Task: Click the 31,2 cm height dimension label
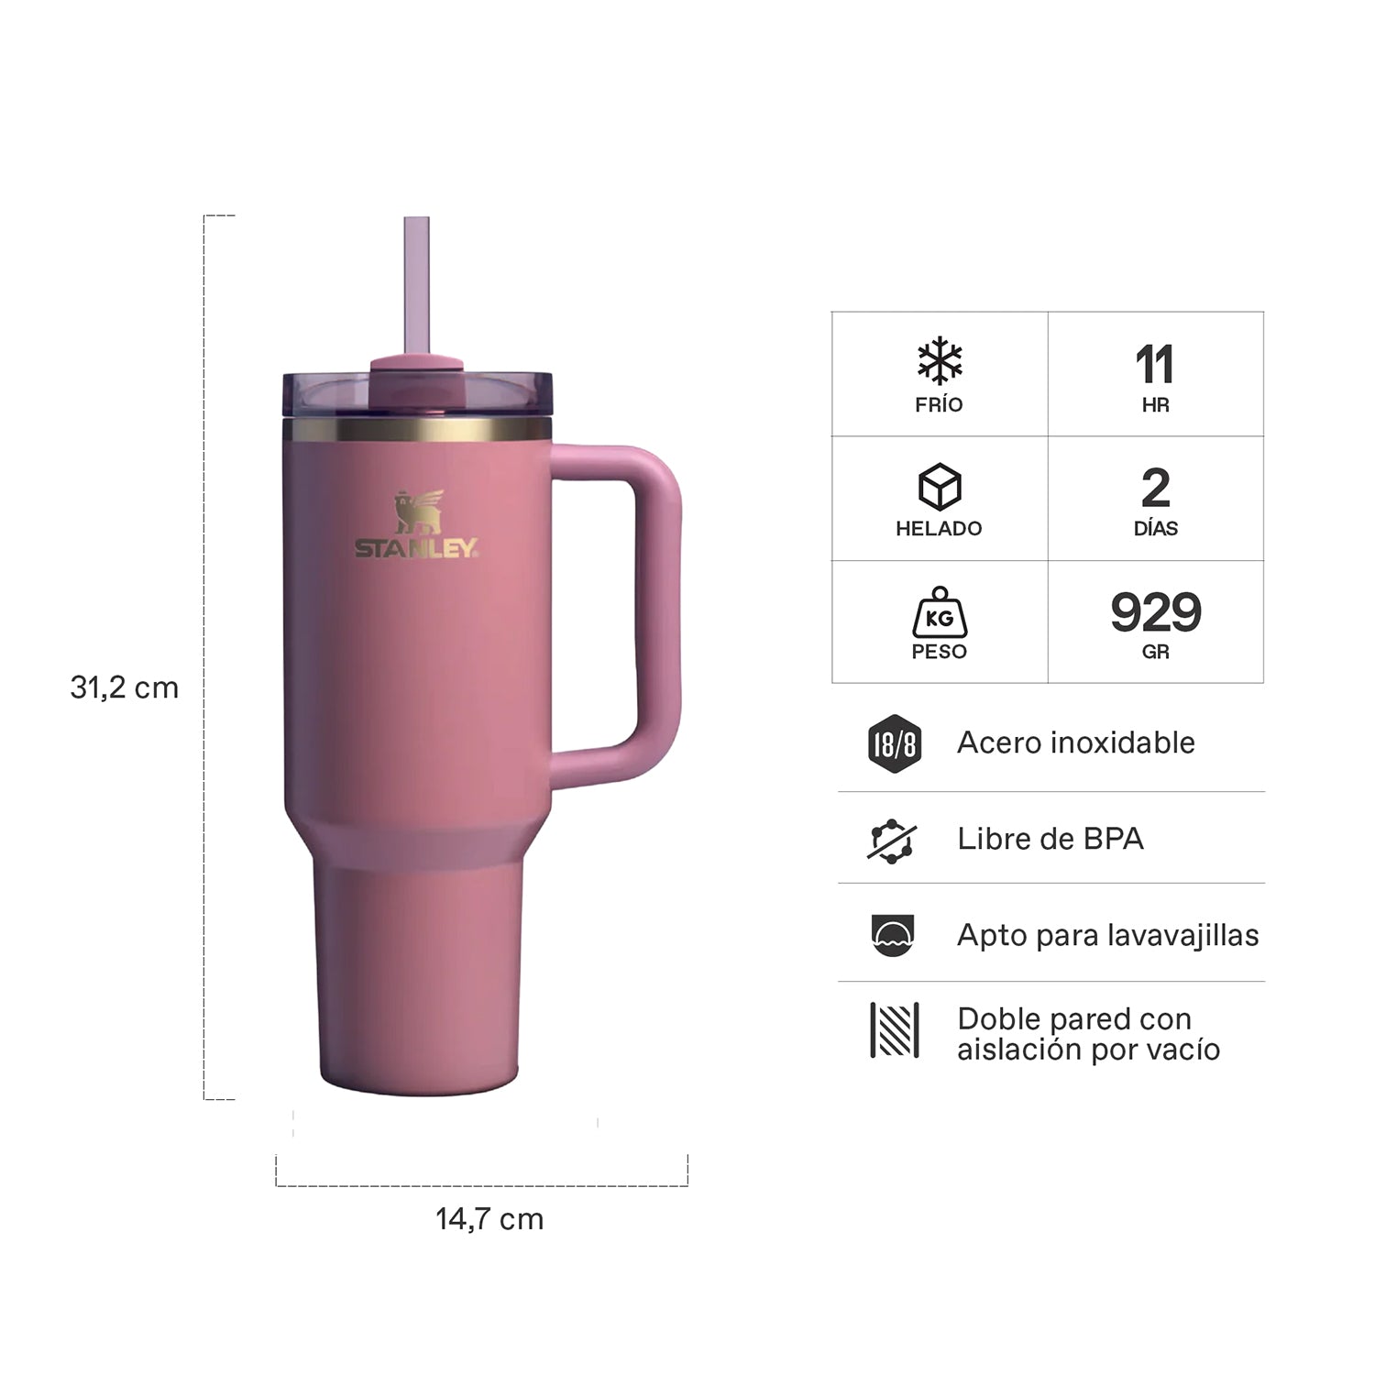[125, 687]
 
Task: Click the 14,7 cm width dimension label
[489, 1219]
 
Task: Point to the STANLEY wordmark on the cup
[416, 548]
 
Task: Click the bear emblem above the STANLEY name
[418, 511]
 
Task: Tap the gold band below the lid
[417, 430]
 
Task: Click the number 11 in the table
[1155, 365]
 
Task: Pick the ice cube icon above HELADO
[940, 487]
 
